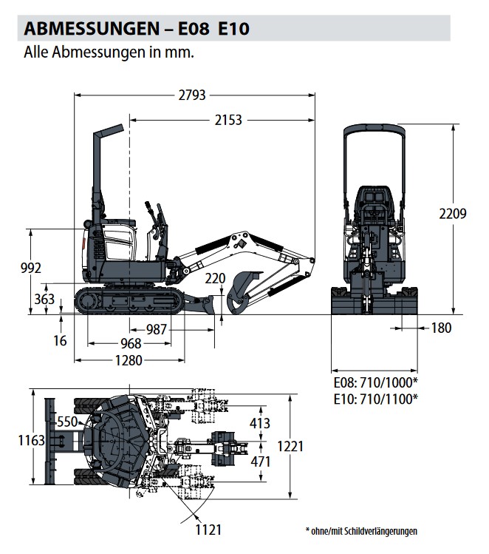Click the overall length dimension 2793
[192, 95]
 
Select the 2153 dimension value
[228, 120]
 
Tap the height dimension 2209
[452, 214]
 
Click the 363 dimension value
[44, 299]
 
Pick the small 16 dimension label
[61, 341]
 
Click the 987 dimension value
[156, 330]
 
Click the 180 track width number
[441, 328]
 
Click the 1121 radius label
[209, 530]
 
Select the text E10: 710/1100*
[375, 399]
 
